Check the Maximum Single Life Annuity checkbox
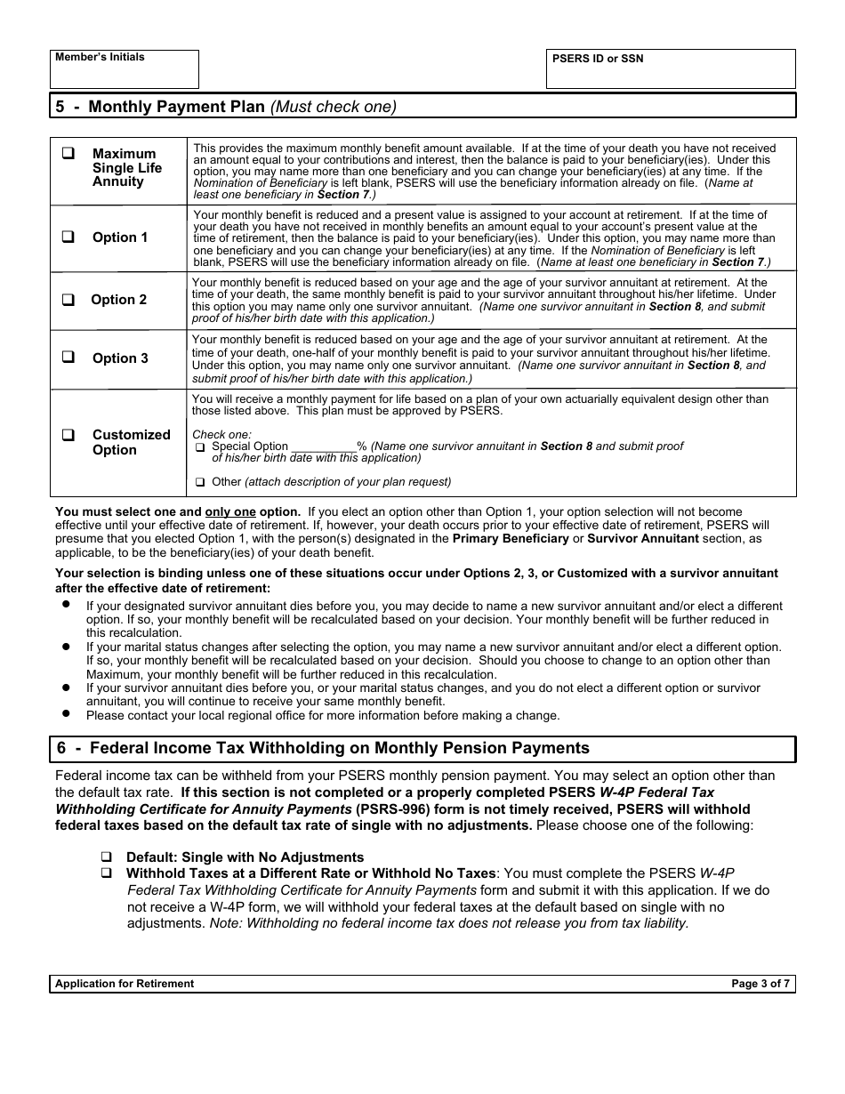tap(68, 153)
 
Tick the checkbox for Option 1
tap(68, 237)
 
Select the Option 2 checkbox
tap(68, 300)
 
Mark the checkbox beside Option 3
tap(68, 358)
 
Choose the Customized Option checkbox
tap(68, 435)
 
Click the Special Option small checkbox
tap(200, 447)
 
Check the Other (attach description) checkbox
tap(200, 482)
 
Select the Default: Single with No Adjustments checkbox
tap(106, 857)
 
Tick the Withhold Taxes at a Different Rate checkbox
tap(106, 873)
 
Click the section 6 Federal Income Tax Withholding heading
tap(323, 748)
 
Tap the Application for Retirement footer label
tap(125, 984)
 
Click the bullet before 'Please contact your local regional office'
tap(67, 713)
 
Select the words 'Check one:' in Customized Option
tap(221, 435)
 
